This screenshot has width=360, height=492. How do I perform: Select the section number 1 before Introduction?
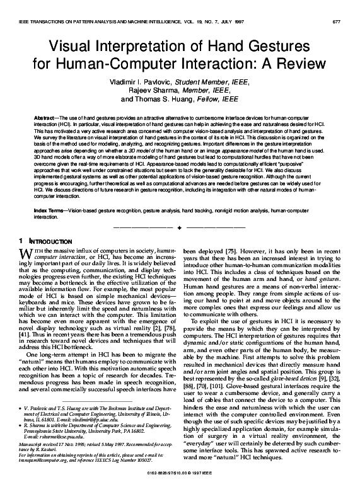coord(21,241)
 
